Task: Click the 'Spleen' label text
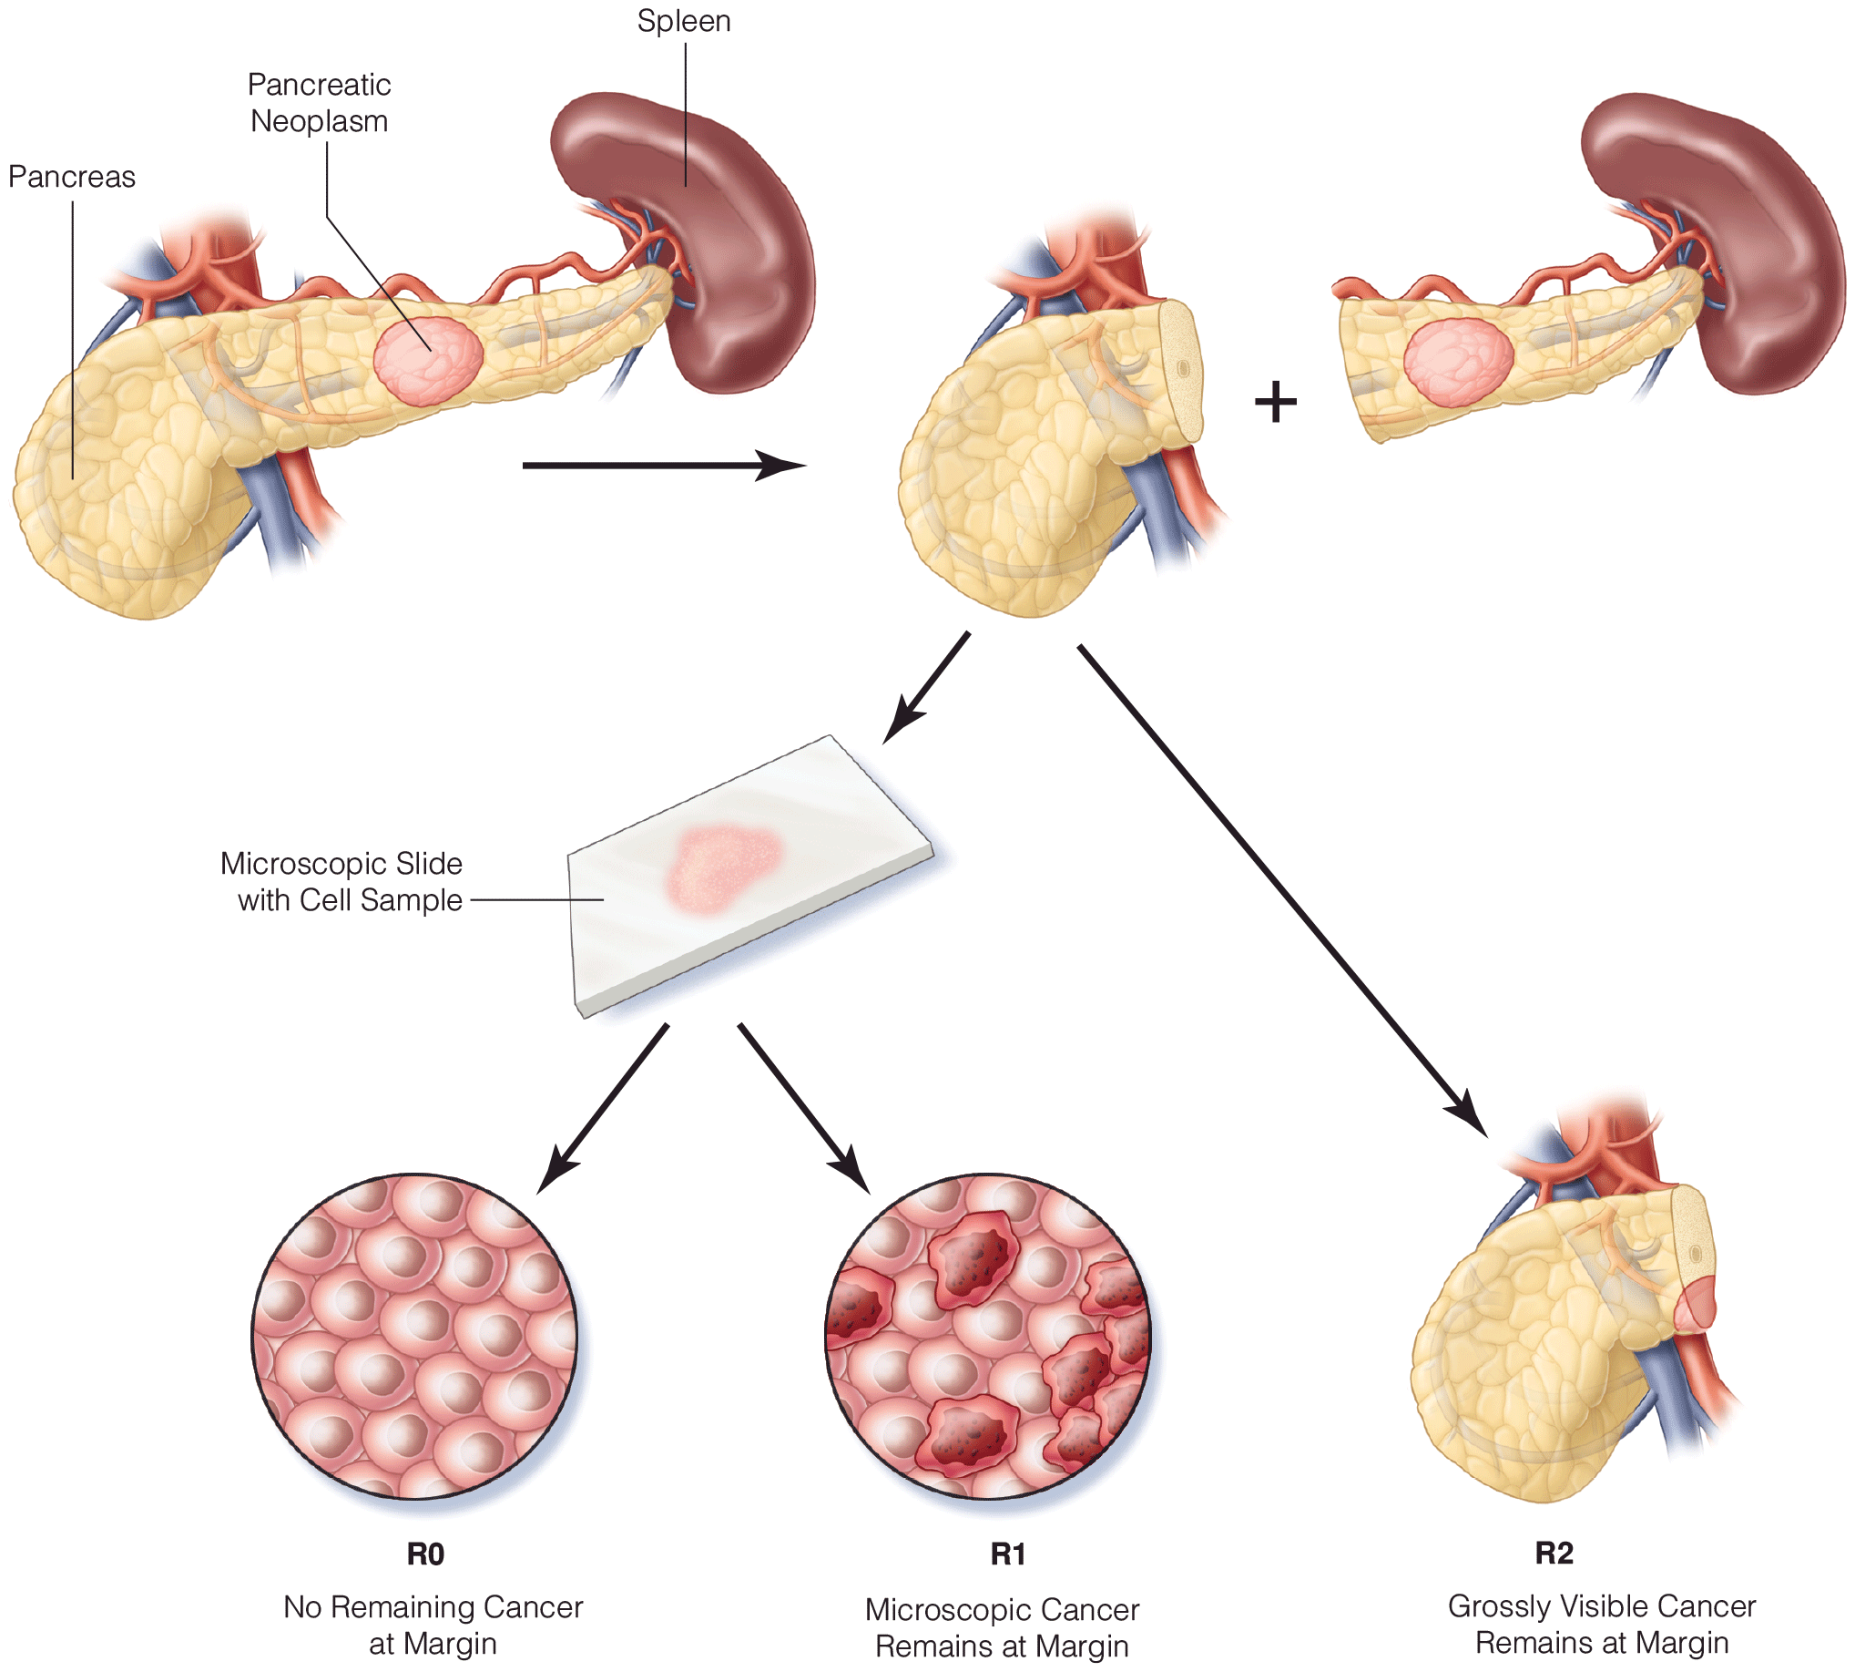[683, 20]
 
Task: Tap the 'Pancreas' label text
[72, 177]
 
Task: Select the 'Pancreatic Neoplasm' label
[319, 103]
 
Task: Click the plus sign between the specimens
[1276, 403]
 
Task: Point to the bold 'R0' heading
[425, 1554]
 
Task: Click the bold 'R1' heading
[1007, 1554]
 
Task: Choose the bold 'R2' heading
[1554, 1553]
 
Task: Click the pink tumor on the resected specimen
[1458, 361]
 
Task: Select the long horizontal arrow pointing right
[661, 466]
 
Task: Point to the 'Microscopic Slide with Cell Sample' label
[341, 882]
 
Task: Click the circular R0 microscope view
[415, 1337]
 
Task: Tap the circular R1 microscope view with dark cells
[988, 1337]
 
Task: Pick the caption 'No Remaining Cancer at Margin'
[433, 1625]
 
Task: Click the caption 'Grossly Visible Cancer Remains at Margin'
[1601, 1624]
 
